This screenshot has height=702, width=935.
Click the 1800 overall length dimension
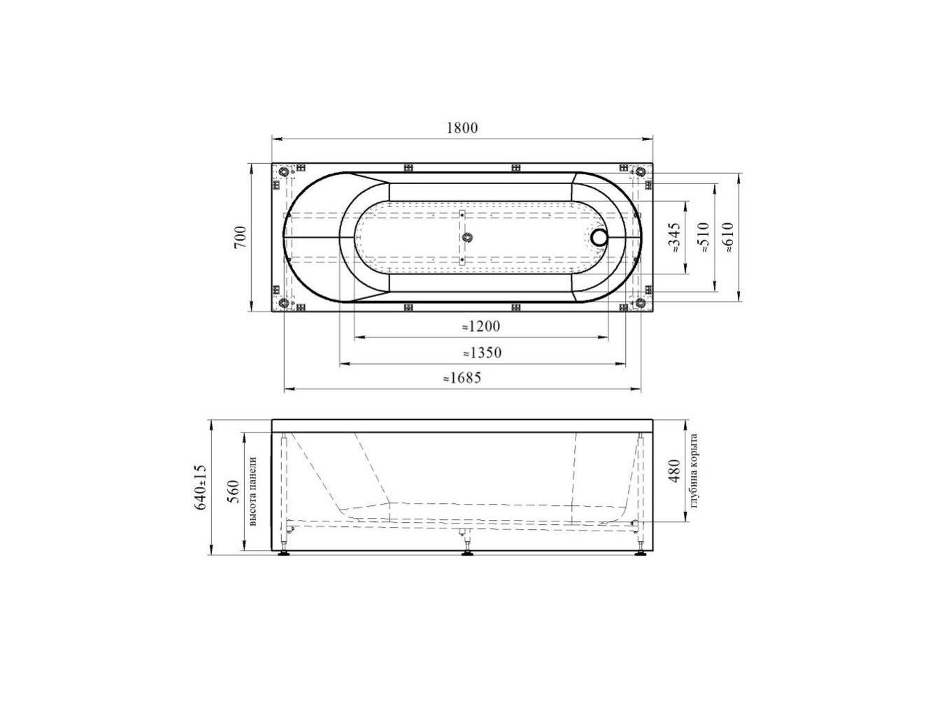point(462,128)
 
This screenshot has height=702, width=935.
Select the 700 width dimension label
point(241,237)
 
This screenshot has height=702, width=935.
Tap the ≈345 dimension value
point(676,238)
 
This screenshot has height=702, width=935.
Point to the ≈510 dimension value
point(704,238)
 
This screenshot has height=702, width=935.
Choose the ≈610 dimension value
point(728,238)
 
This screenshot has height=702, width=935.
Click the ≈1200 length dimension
point(481,326)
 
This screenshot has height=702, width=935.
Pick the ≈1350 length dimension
point(482,353)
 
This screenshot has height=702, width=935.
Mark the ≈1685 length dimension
point(462,378)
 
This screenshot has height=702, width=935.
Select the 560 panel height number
point(234,491)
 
